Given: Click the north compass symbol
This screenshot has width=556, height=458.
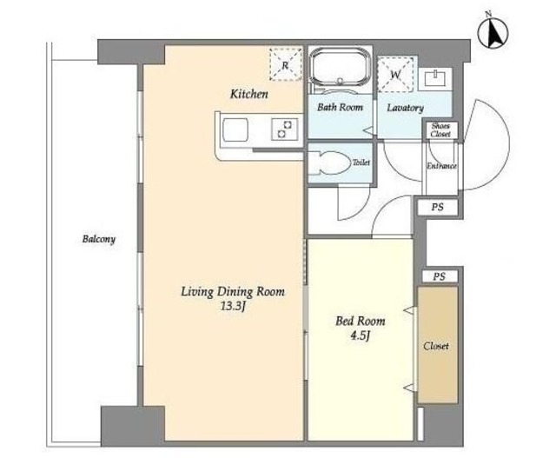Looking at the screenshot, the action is (x=493, y=33).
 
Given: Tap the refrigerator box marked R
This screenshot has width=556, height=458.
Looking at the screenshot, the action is (x=286, y=64).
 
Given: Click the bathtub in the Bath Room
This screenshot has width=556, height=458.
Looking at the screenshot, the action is (x=340, y=68).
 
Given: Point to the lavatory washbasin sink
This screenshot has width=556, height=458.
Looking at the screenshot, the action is (x=434, y=78).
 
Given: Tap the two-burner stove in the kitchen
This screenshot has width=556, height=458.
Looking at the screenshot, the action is (x=284, y=129).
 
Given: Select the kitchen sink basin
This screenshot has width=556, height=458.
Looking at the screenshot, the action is (x=235, y=129).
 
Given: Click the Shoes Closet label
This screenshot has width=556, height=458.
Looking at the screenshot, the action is (x=440, y=129).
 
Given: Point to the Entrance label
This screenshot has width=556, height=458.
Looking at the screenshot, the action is (x=441, y=166).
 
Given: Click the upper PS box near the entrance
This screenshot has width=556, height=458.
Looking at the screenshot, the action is (x=438, y=207).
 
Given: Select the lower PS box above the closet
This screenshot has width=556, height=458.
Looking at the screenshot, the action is (x=440, y=276).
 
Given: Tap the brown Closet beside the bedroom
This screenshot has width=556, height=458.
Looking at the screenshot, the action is (x=438, y=344).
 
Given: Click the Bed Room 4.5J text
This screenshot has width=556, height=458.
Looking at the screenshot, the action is (x=361, y=328).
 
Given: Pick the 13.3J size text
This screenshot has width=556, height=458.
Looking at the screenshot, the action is (x=233, y=307).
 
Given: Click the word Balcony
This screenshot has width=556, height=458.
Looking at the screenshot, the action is (x=98, y=239).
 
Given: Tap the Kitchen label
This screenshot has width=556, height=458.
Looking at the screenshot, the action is (x=249, y=94).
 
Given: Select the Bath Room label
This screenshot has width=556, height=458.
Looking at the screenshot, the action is (x=340, y=107).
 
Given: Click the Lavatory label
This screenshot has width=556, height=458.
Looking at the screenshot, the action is (x=405, y=108).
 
